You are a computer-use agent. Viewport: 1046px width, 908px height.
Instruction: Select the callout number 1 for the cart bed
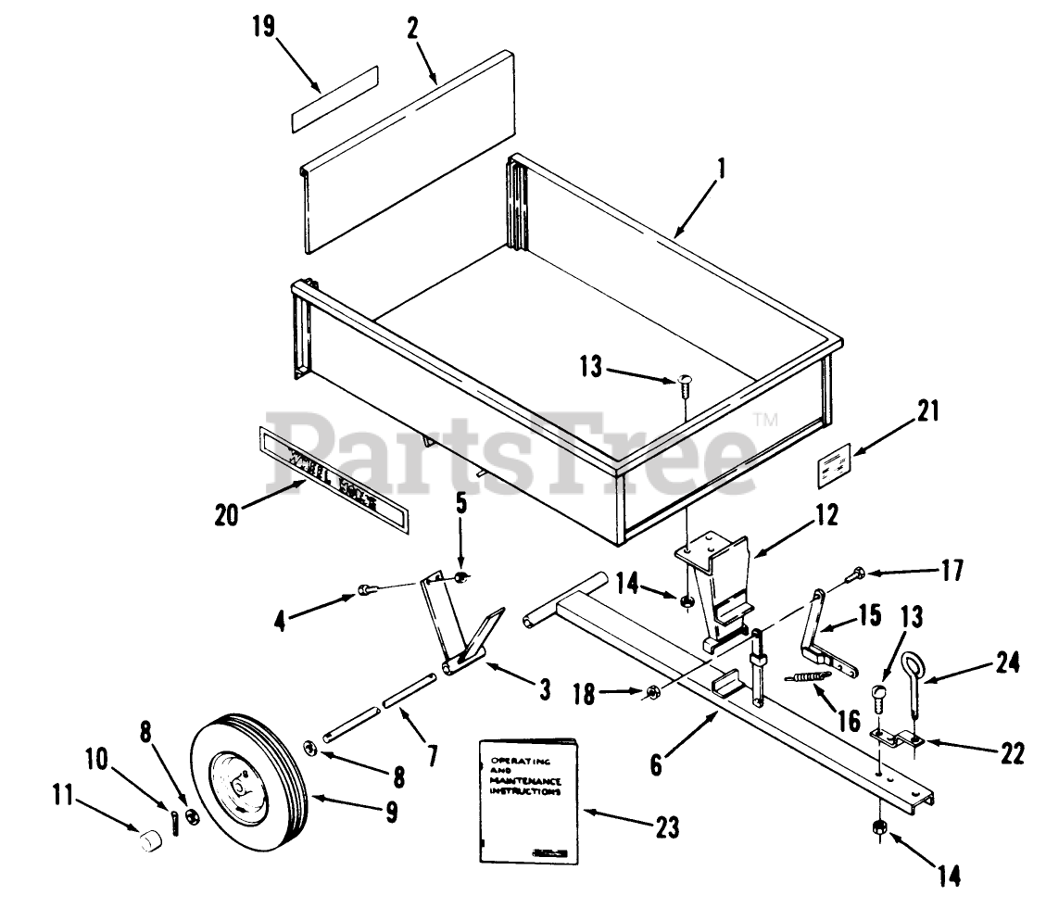point(722,169)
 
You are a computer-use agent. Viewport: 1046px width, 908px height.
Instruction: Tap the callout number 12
point(826,512)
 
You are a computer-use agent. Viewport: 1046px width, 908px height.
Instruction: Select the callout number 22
point(1013,753)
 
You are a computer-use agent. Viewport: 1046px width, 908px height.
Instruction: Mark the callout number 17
point(950,570)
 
